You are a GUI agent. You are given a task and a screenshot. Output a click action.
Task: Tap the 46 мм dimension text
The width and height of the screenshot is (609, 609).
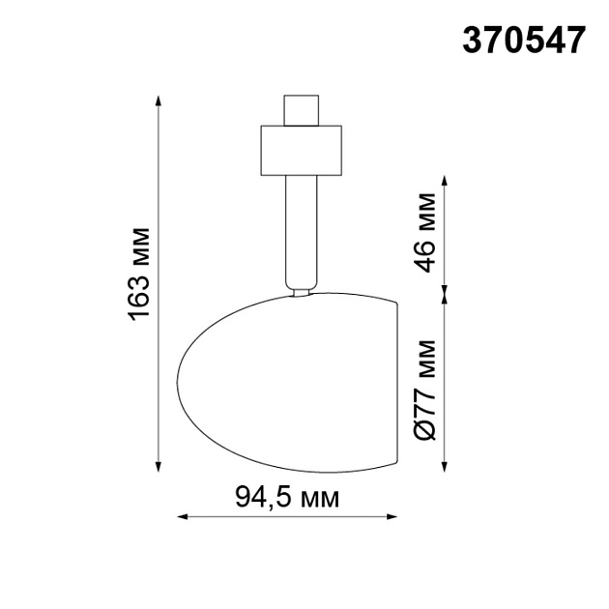427,233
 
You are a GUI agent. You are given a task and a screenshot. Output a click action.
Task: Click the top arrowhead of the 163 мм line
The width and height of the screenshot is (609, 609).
158,101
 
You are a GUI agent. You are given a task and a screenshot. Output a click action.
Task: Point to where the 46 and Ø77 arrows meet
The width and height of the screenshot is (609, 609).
445,290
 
